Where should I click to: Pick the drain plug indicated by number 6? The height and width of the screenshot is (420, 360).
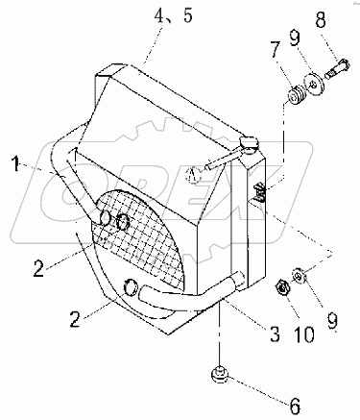220,376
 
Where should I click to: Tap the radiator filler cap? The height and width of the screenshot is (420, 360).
248,143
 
